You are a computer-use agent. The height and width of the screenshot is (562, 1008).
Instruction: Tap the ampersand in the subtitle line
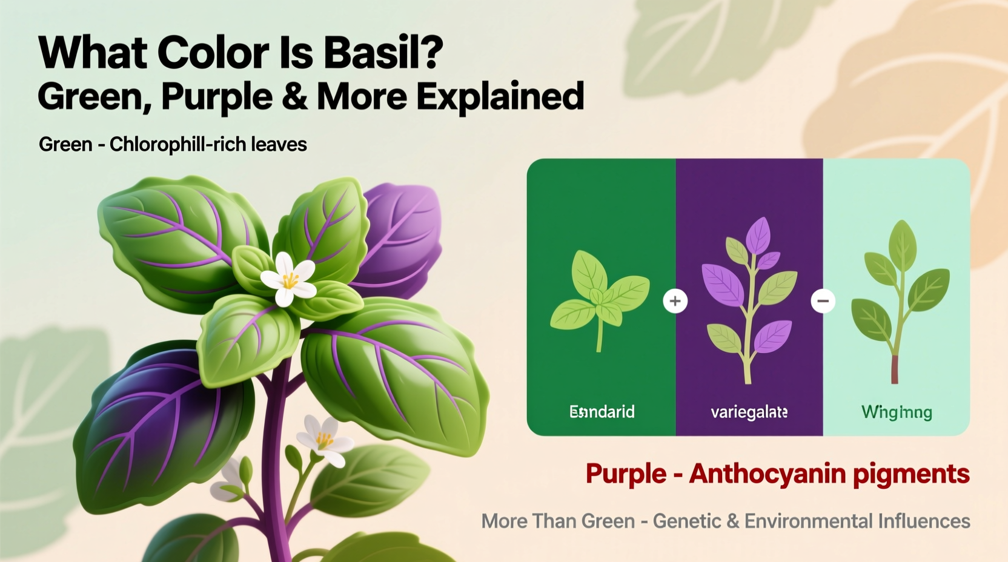tap(294, 97)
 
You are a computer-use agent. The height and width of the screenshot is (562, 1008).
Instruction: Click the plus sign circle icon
tap(675, 301)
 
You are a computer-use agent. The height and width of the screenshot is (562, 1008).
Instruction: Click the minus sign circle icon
tap(823, 301)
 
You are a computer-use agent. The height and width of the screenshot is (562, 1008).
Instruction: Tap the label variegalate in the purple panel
tap(749, 412)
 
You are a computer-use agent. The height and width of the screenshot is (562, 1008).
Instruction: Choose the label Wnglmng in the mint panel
tap(897, 412)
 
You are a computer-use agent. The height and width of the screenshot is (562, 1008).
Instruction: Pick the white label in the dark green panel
tap(602, 412)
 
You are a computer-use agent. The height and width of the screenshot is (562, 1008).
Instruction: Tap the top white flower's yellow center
tap(290, 280)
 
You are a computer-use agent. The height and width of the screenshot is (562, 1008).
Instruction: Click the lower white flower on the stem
tap(324, 440)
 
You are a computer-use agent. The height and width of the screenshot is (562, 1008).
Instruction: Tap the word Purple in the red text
tap(625, 474)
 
